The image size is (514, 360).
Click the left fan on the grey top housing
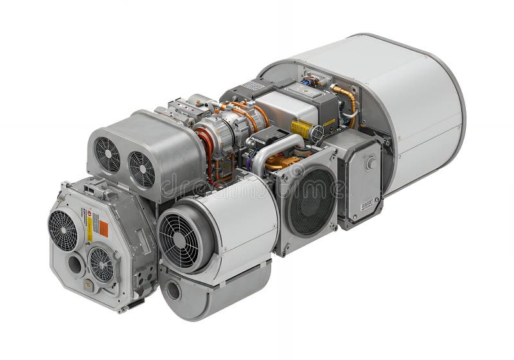108,154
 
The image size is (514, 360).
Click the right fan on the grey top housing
141,168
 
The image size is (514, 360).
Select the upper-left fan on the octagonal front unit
63,230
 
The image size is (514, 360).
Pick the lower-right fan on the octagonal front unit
102,264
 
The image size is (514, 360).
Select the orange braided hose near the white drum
348,100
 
